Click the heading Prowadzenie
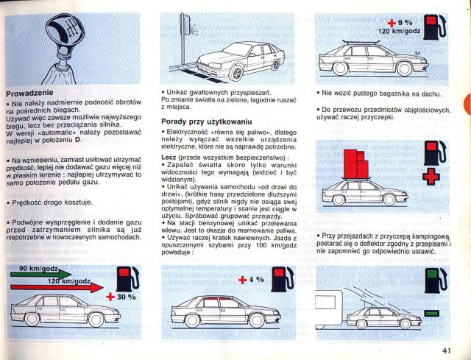pos(29,93)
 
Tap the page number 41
pos(447,350)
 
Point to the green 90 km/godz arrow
pos(41,274)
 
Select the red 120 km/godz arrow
pos(57,288)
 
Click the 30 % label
pos(126,297)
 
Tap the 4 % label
pos(257,280)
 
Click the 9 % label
pos(406,23)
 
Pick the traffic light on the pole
pos(185,24)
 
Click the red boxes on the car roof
pos(355,164)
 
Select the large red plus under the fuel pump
pos(431,176)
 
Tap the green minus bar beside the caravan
pos(432,314)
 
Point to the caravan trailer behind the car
pos(329,307)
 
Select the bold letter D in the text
pos(77,140)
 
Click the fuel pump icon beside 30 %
pos(127,278)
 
